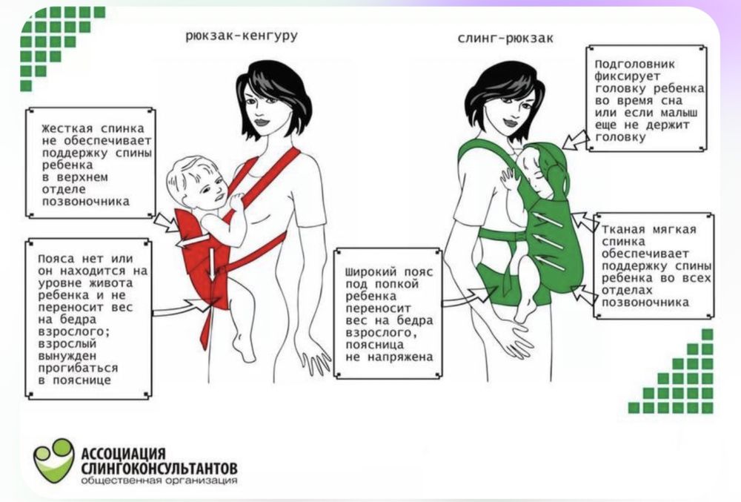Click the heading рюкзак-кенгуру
pos(242,36)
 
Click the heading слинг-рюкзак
pos(505,39)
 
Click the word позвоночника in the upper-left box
pos(85,202)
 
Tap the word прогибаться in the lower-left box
pos(78,369)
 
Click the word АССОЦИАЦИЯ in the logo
pos(123,454)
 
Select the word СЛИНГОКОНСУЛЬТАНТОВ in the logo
pos(159,469)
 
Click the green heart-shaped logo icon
pos(54,459)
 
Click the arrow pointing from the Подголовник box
pos(576,140)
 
